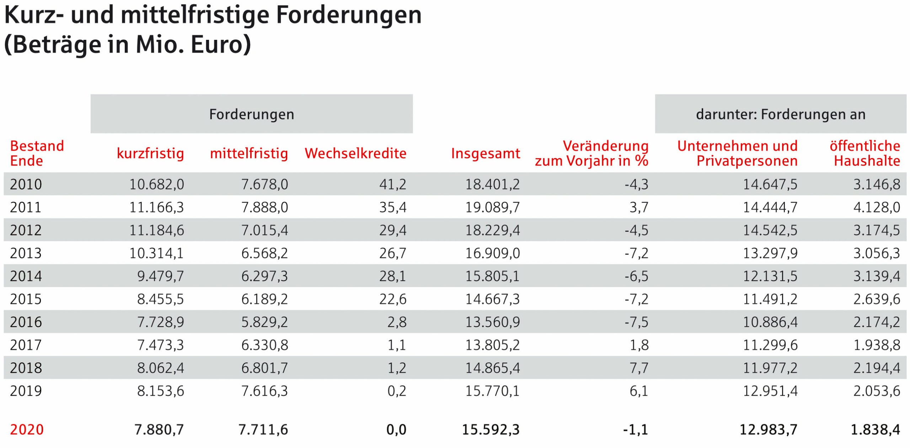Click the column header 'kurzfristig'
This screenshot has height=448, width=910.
pos(150,154)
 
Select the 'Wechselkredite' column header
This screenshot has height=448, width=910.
pos(355,153)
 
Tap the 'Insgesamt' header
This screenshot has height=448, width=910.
pos(486,154)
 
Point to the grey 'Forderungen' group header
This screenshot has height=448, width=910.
pos(252,114)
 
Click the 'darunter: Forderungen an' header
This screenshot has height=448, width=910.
pos(781,114)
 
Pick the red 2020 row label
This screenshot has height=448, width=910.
pos(27,430)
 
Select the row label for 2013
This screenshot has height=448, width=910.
pos(26,253)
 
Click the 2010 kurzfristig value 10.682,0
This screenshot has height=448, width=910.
pos(156,184)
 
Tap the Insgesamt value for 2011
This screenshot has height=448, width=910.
pos(493,207)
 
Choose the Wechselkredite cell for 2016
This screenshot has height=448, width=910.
pos(397,322)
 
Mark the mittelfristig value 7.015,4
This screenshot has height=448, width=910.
pos(264,231)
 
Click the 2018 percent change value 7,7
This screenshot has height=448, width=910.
pos(639,368)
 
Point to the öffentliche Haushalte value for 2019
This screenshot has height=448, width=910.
pos(877,391)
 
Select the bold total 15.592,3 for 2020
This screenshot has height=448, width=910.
pos(491,430)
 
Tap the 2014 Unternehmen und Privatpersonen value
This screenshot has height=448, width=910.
pos(770,276)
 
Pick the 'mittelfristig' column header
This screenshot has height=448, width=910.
pos(249,154)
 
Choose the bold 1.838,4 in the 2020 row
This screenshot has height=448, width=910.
pos(876,430)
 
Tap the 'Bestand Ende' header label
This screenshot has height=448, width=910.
pos(37,153)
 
